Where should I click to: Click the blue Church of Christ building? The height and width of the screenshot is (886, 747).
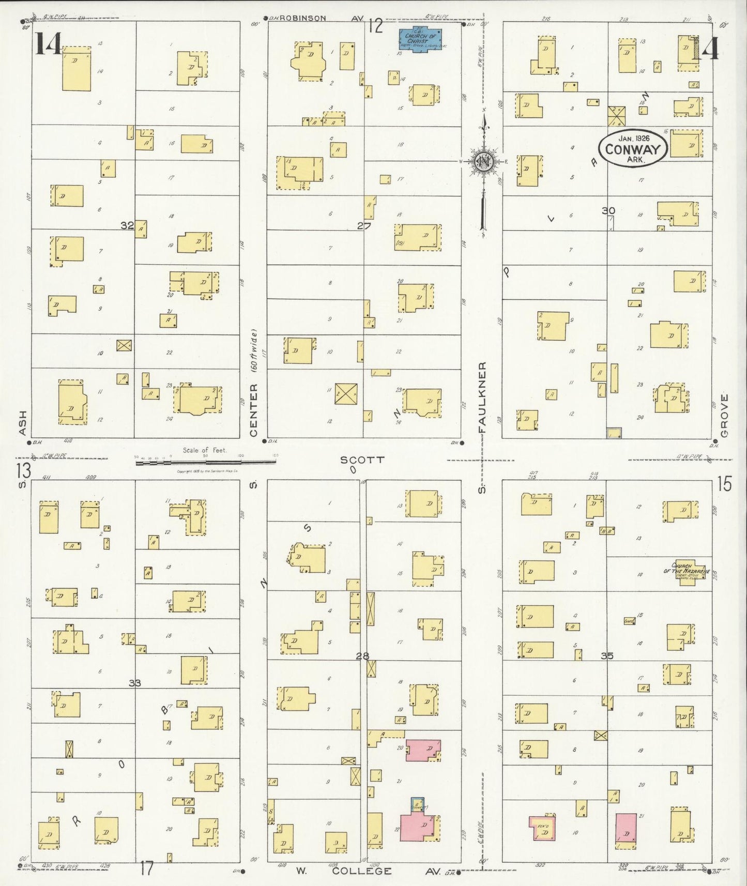pos(421,39)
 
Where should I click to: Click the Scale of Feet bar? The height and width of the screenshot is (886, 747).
pos(207,463)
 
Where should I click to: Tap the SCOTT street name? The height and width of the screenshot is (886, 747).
pos(362,460)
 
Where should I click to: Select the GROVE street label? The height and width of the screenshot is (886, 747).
pos(724,416)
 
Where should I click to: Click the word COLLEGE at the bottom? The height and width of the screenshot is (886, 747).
pos(361,871)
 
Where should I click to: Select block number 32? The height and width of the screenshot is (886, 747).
pos(127,225)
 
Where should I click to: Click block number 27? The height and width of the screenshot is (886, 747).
pos(364,225)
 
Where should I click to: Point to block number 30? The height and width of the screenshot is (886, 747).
pos(608,210)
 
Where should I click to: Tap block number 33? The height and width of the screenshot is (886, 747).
pos(135,683)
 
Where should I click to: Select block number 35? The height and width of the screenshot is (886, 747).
pos(607,655)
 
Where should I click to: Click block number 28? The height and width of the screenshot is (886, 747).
pos(363,656)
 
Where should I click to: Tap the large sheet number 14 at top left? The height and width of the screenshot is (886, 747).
pos(48,43)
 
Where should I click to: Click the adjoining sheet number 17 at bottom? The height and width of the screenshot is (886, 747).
pos(147,868)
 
